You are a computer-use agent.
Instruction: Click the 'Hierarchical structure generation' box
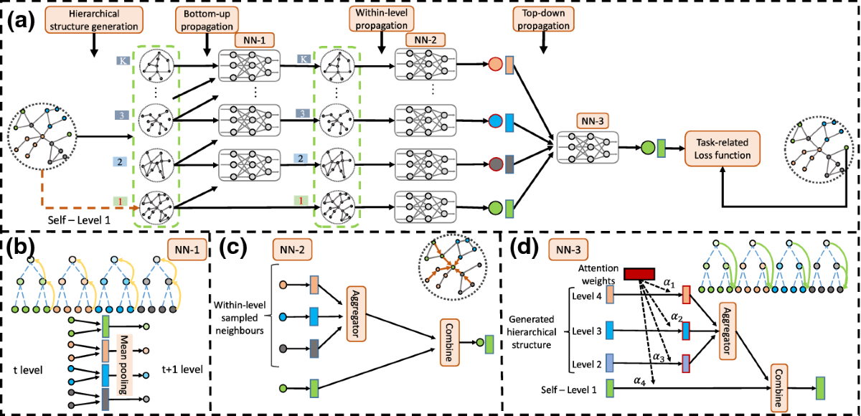tap(93, 21)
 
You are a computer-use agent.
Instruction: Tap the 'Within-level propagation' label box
tap(379, 21)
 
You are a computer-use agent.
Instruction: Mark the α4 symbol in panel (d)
tap(636, 379)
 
